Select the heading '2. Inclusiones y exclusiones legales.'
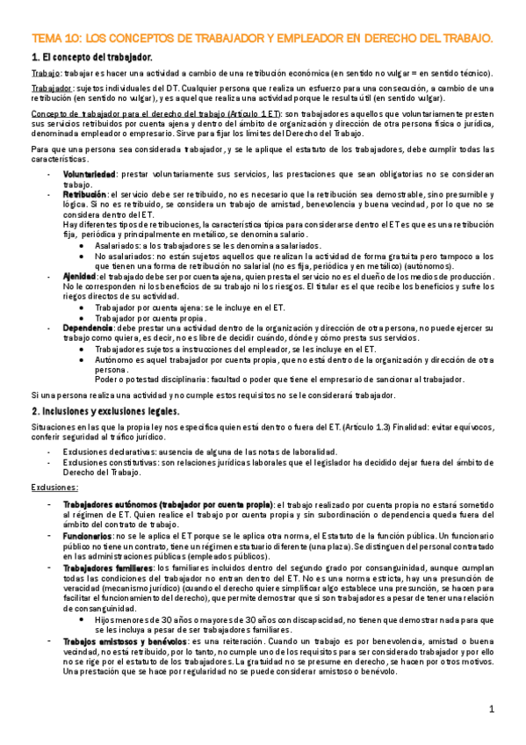pos(105,411)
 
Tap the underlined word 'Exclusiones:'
pos(54,486)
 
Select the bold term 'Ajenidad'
pos(80,276)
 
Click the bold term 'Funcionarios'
pos(87,536)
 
